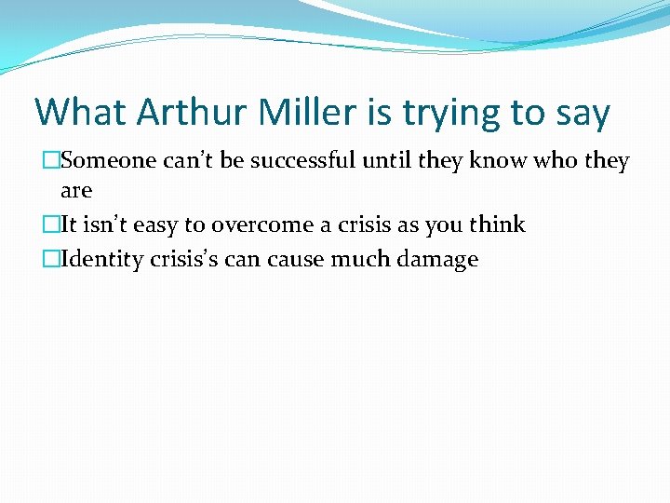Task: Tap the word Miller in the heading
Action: (x=296, y=113)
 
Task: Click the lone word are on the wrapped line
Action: (x=76, y=191)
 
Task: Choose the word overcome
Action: (x=254, y=224)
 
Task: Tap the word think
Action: (x=497, y=224)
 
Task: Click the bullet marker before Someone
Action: (x=53, y=161)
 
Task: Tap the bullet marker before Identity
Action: (x=53, y=259)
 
